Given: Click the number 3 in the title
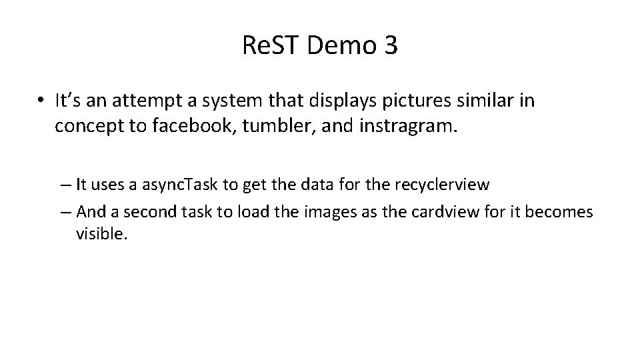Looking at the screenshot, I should tap(389, 45).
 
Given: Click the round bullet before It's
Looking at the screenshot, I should tap(41, 101).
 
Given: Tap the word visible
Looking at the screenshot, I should tap(101, 235).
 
